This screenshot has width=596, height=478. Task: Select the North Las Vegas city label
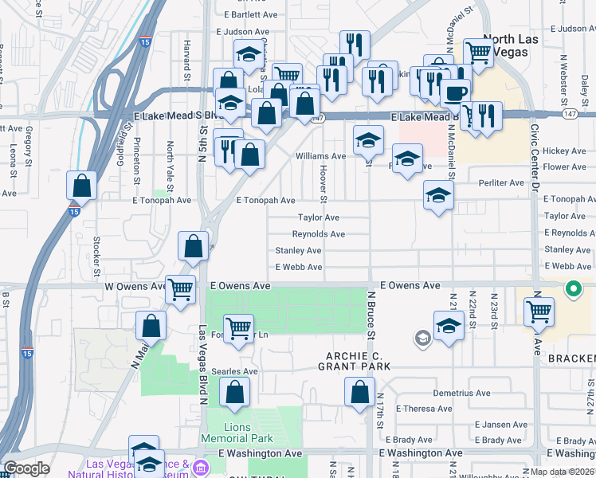(511, 45)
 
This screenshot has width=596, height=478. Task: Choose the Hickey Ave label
(564, 151)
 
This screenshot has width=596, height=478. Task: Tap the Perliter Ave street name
(501, 182)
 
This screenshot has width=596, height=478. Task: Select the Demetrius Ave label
(461, 393)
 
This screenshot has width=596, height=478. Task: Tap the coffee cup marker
(455, 93)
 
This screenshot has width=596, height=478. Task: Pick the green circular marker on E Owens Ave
(572, 289)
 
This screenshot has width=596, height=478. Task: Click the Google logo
(27, 468)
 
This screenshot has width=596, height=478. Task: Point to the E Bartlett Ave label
(250, 14)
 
